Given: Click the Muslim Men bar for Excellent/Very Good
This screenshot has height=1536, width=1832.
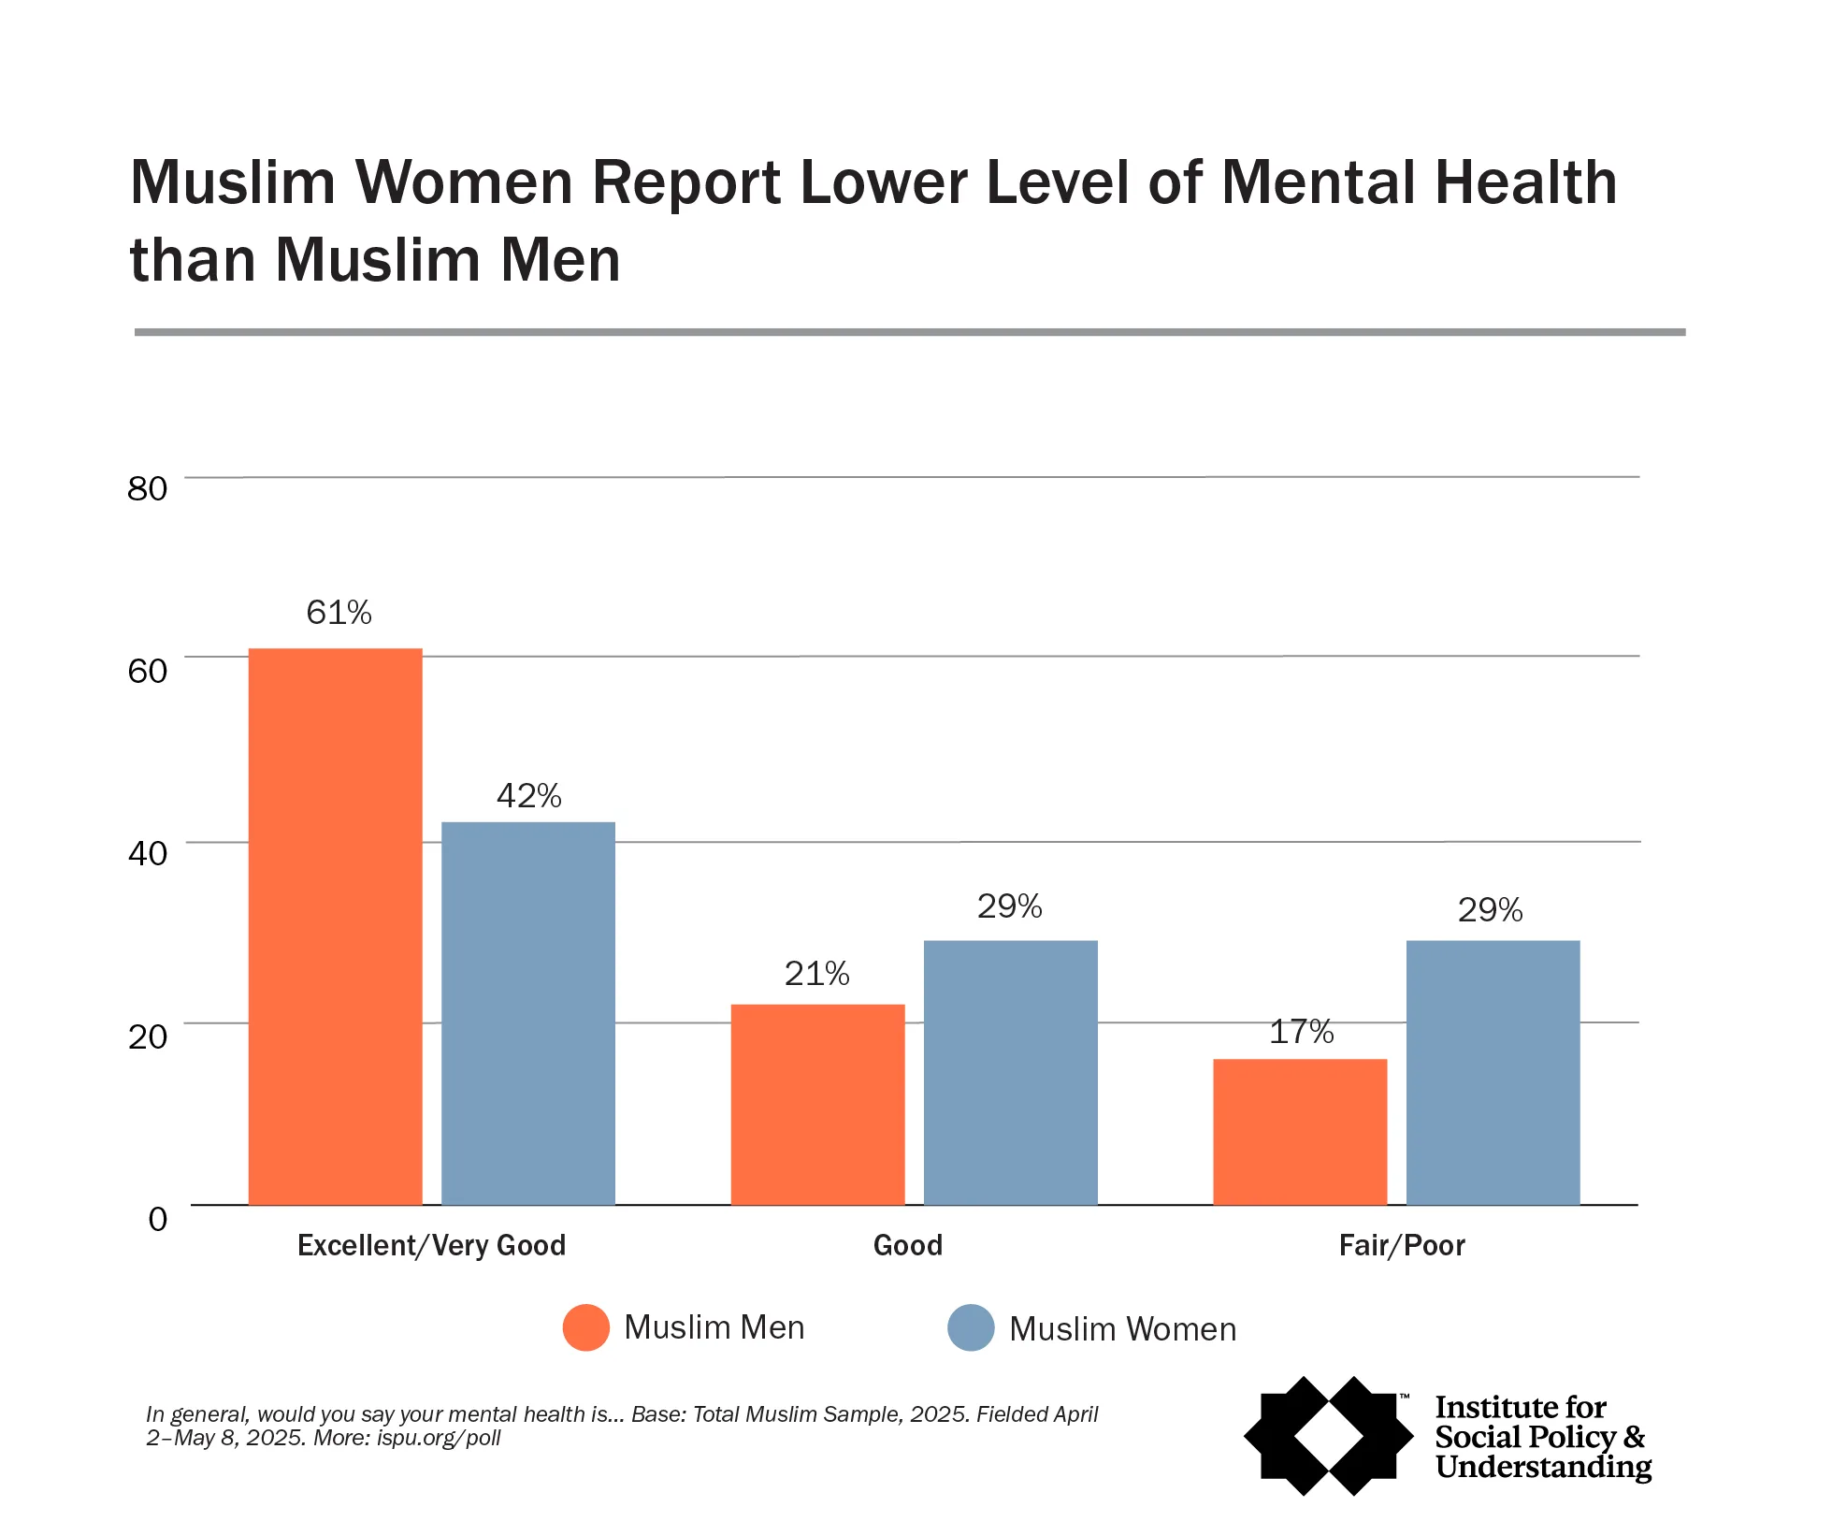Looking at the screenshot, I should pyautogui.click(x=335, y=926).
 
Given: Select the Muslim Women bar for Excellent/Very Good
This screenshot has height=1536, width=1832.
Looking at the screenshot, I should pyautogui.click(x=527, y=1013).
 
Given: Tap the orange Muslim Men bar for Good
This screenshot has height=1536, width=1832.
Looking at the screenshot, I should pyautogui.click(x=817, y=1104).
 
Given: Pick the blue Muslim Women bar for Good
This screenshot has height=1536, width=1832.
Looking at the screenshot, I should pyautogui.click(x=1010, y=1072).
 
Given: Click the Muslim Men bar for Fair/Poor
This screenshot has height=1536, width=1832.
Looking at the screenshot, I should pyautogui.click(x=1299, y=1132).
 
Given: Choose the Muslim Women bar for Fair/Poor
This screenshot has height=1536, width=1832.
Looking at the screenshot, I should pyautogui.click(x=1493, y=1072).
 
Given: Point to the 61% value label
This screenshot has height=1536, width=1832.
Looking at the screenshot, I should pyautogui.click(x=339, y=613).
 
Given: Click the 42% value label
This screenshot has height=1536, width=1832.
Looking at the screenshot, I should pyautogui.click(x=528, y=796).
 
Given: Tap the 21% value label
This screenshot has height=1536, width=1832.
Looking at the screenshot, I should pyautogui.click(x=816, y=974).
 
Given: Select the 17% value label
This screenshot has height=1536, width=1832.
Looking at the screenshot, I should pyautogui.click(x=1301, y=1032).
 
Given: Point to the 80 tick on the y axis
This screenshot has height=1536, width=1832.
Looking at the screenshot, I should pyautogui.click(x=147, y=488).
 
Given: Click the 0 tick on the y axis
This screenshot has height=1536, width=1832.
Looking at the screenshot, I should pyautogui.click(x=157, y=1219).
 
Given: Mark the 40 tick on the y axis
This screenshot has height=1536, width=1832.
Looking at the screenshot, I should pyautogui.click(x=147, y=853).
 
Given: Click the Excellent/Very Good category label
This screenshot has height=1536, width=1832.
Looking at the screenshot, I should pyautogui.click(x=431, y=1245).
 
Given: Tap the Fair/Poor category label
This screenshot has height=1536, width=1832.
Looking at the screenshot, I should pyautogui.click(x=1401, y=1245).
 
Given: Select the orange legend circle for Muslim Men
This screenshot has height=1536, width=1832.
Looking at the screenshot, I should pyautogui.click(x=586, y=1327).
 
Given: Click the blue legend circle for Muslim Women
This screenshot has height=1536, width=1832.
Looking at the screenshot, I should pyautogui.click(x=971, y=1328).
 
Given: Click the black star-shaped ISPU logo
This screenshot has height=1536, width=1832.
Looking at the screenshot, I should pyautogui.click(x=1328, y=1435).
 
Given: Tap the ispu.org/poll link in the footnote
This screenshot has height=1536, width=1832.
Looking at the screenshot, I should pyautogui.click(x=439, y=1438).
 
